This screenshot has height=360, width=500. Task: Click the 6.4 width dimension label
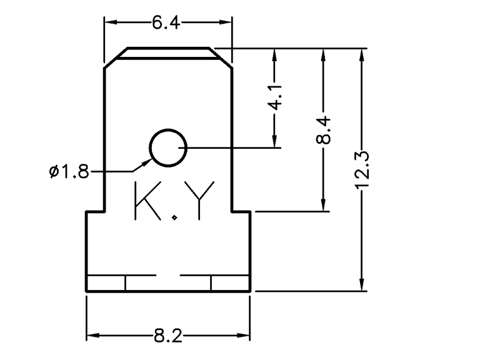pos(166,23)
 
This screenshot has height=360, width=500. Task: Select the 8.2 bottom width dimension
pos(167,337)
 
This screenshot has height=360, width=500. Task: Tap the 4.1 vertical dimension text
pos(274,98)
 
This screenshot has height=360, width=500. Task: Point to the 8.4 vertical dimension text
pos(322,130)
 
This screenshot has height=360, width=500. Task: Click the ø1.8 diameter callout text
pos(69,171)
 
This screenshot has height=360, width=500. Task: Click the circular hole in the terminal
pos(167,149)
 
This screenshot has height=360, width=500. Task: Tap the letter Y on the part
pos(202,201)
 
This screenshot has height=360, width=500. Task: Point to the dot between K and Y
pos(176,217)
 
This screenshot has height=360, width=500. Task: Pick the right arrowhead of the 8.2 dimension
pos(245,337)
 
